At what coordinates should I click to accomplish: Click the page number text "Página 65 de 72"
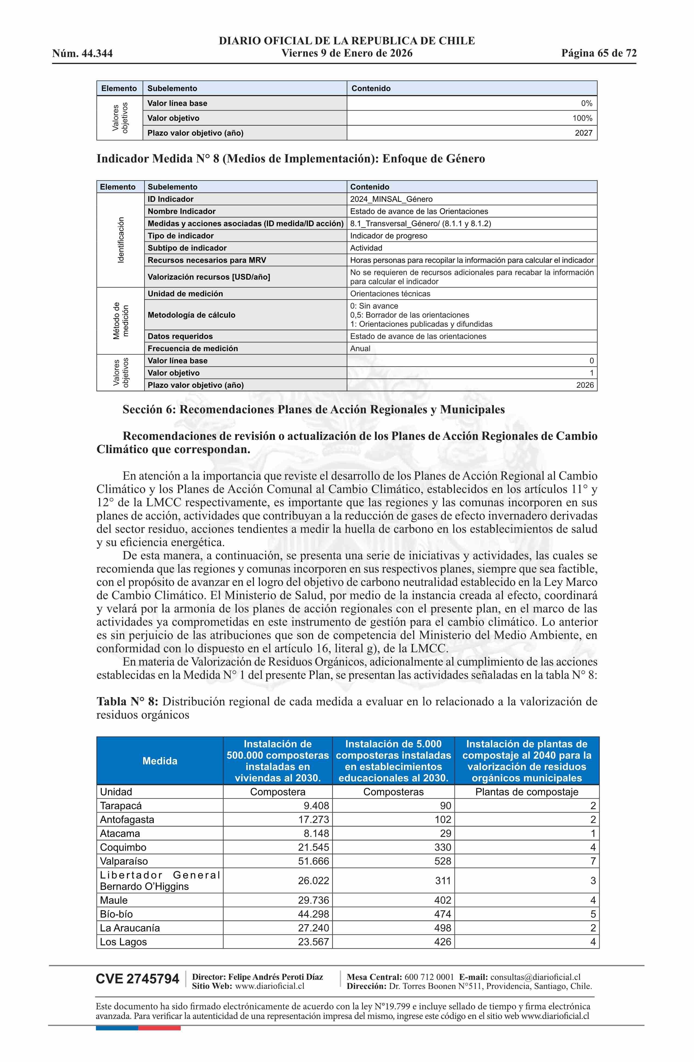point(598,54)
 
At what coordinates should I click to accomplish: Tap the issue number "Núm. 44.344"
point(82,54)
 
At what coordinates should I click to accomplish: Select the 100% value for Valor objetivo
point(582,118)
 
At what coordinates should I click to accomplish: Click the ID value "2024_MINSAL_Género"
point(391,199)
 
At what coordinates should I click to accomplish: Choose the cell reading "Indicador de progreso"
point(388,236)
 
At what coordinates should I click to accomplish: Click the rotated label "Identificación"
point(120,240)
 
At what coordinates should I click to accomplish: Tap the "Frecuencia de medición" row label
point(193,349)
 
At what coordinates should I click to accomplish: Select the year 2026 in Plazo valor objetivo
point(585,385)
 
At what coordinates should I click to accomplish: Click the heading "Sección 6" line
point(314,410)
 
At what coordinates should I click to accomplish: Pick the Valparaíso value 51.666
point(314,861)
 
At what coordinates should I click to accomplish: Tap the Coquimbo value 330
point(443,847)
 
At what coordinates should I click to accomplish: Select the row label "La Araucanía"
point(130,928)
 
